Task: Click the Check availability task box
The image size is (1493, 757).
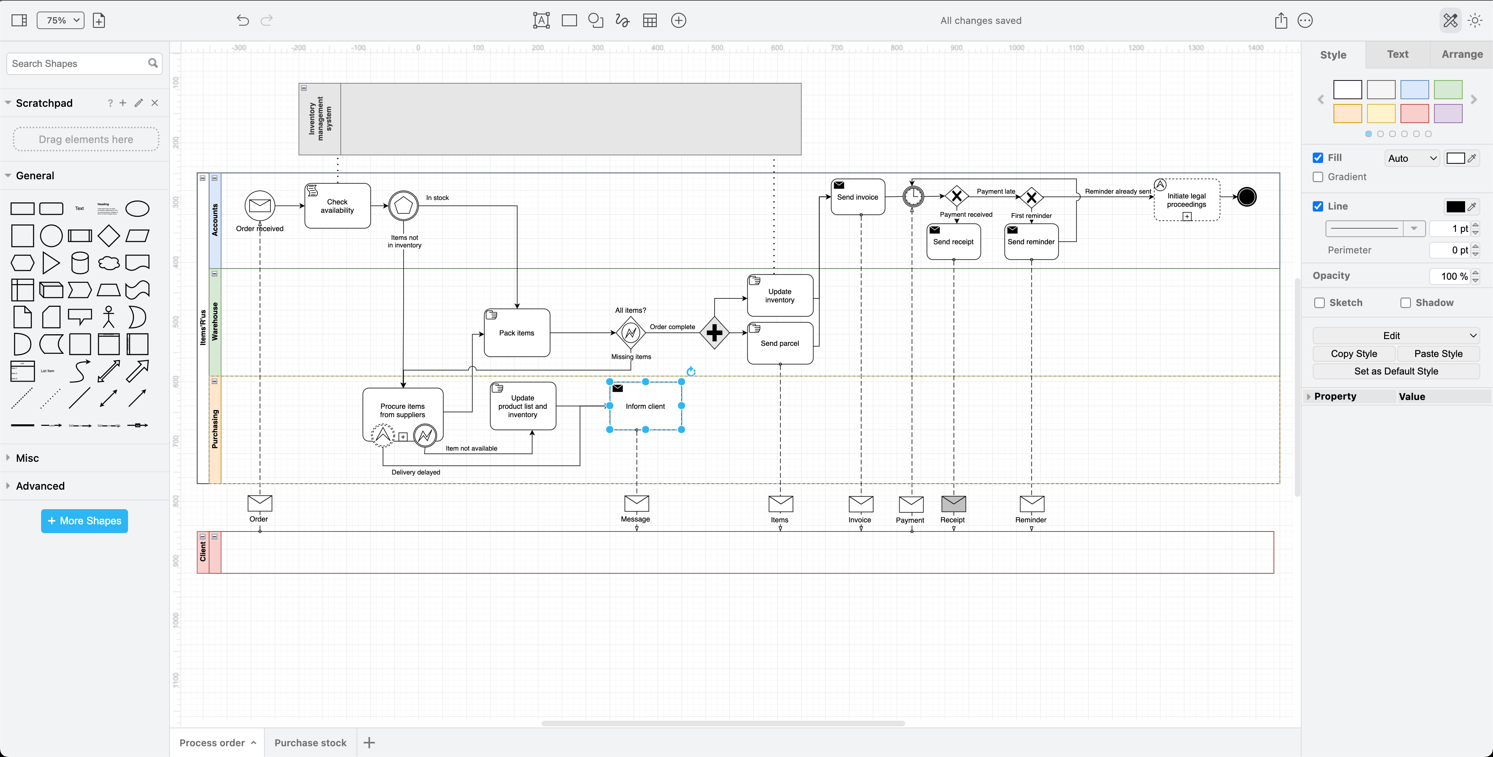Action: click(337, 206)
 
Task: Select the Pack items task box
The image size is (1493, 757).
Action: click(516, 333)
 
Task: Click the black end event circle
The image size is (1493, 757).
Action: click(1246, 197)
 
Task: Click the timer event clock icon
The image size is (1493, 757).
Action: click(913, 196)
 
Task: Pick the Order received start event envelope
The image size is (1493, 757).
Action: click(260, 206)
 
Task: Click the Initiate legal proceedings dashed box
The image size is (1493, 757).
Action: click(1186, 200)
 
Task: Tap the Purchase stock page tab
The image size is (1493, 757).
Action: click(310, 743)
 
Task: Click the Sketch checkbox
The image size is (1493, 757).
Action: click(1320, 303)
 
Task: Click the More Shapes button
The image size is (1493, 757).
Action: click(85, 521)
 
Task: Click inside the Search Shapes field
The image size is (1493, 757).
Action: click(78, 64)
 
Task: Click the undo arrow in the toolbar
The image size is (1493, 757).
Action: click(242, 21)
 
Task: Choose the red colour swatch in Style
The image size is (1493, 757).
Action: click(1414, 114)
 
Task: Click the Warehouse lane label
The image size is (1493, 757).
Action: click(215, 322)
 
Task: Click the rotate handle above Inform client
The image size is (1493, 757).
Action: click(691, 371)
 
